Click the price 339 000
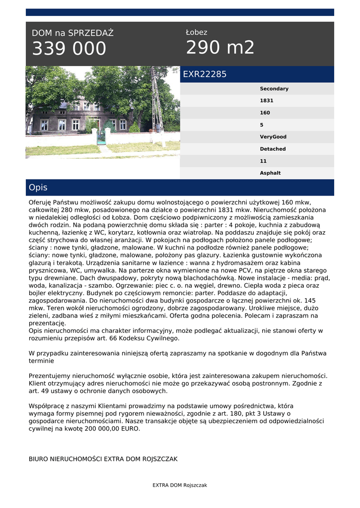(69, 49)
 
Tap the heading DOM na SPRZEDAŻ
(72, 33)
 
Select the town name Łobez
(197, 32)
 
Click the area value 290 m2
(220, 48)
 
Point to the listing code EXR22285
(205, 74)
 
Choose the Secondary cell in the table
(274, 89)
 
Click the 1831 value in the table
(266, 101)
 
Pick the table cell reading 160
(265, 113)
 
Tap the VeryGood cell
(273, 137)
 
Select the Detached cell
(273, 149)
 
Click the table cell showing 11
(263, 161)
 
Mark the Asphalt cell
(270, 173)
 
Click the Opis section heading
(38, 188)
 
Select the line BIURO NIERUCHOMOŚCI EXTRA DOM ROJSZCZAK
(103, 459)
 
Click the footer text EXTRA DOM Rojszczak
(180, 485)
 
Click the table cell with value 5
(262, 125)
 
